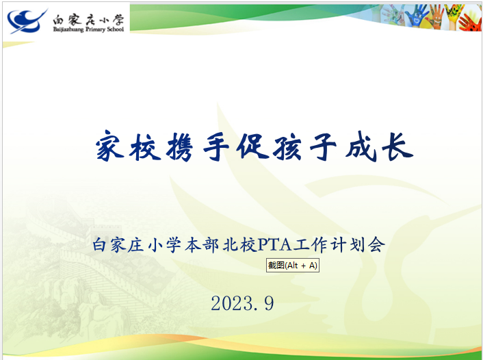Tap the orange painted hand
click(x=435, y=18)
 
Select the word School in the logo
click(x=115, y=29)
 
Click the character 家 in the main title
click(x=109, y=145)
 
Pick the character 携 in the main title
click(x=180, y=146)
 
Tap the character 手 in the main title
click(x=216, y=146)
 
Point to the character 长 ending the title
click(x=397, y=146)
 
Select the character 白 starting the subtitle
click(x=100, y=245)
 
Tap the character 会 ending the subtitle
click(x=377, y=245)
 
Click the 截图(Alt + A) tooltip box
click(x=293, y=265)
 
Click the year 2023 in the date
click(x=232, y=303)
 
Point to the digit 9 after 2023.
click(x=269, y=303)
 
